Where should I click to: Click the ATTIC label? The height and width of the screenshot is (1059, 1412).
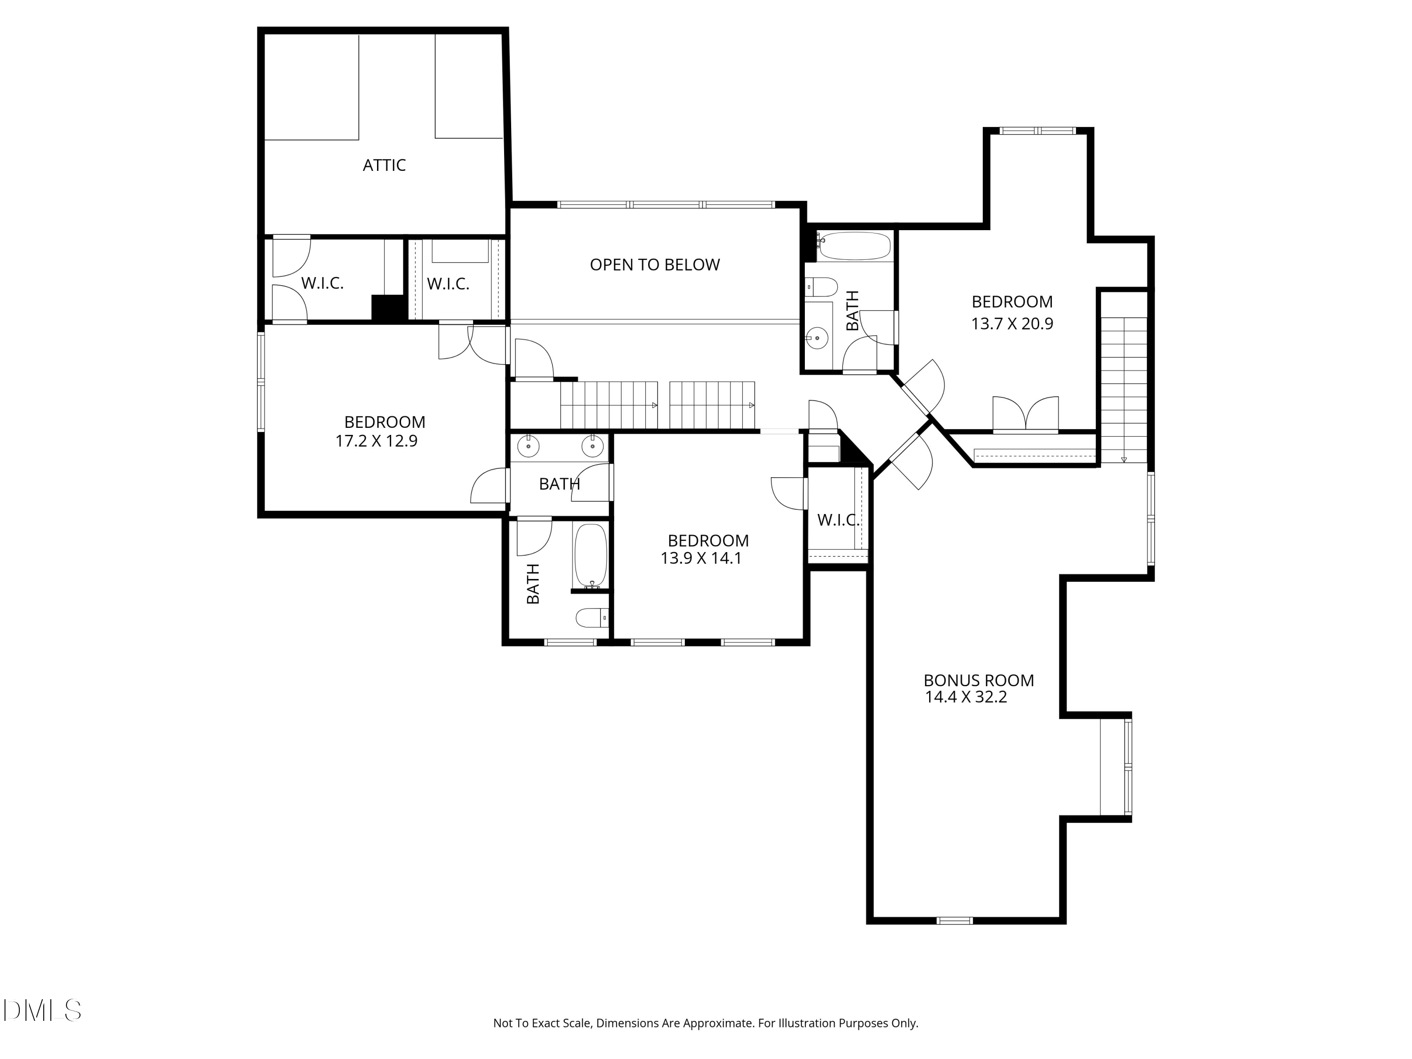coord(384,165)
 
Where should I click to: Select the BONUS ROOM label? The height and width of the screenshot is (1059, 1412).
coord(979,681)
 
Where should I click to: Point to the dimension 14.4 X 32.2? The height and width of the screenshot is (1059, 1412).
coord(966,697)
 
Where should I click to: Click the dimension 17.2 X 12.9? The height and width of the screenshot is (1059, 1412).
coord(376,441)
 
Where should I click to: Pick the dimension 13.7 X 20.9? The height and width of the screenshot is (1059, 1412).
coord(1012,324)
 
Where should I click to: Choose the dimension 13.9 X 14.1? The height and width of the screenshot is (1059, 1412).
coord(701,559)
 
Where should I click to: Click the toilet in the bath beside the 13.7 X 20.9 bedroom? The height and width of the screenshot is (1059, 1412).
coord(821,287)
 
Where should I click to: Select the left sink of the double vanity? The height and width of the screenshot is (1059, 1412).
coord(529,446)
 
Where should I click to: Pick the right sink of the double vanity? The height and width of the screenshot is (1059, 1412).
coord(593,446)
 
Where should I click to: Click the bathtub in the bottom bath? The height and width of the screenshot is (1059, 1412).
coord(591,555)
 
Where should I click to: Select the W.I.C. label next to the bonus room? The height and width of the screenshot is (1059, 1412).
coord(838,520)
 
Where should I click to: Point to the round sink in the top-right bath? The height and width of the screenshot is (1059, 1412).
coord(817,337)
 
